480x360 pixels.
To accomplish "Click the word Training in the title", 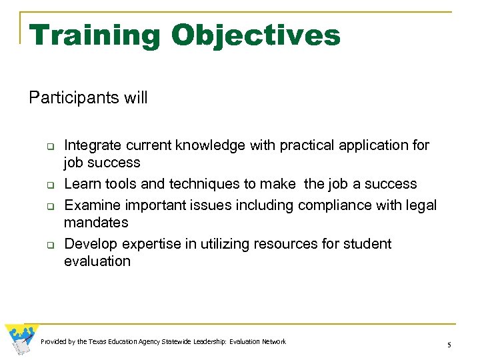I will [x=95, y=35].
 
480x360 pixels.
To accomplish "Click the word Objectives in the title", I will [x=255, y=35].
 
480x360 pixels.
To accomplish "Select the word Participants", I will [x=73, y=98].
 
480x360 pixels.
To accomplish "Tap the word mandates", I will [x=95, y=223].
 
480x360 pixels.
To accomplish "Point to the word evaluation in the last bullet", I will [x=97, y=261].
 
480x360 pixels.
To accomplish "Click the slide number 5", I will [x=449, y=345].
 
